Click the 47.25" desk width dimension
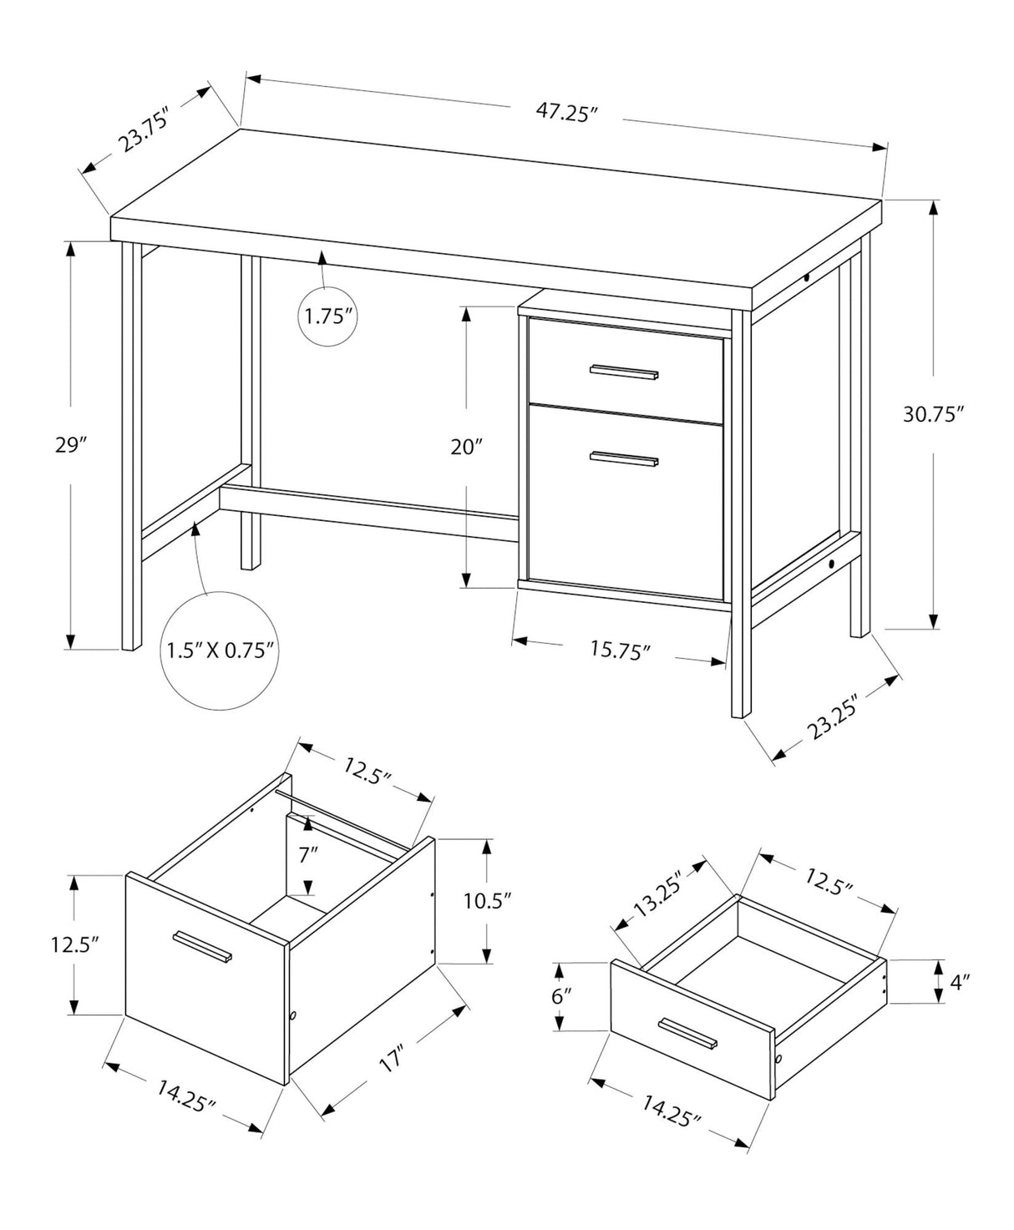[568, 113]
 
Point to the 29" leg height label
[71, 445]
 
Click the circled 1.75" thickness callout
[327, 316]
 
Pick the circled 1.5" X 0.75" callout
[221, 650]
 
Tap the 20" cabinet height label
[467, 448]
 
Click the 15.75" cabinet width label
[620, 649]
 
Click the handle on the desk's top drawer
[624, 372]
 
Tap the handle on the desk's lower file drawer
[624, 458]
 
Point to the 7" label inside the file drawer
[309, 853]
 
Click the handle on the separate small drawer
[687, 1032]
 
